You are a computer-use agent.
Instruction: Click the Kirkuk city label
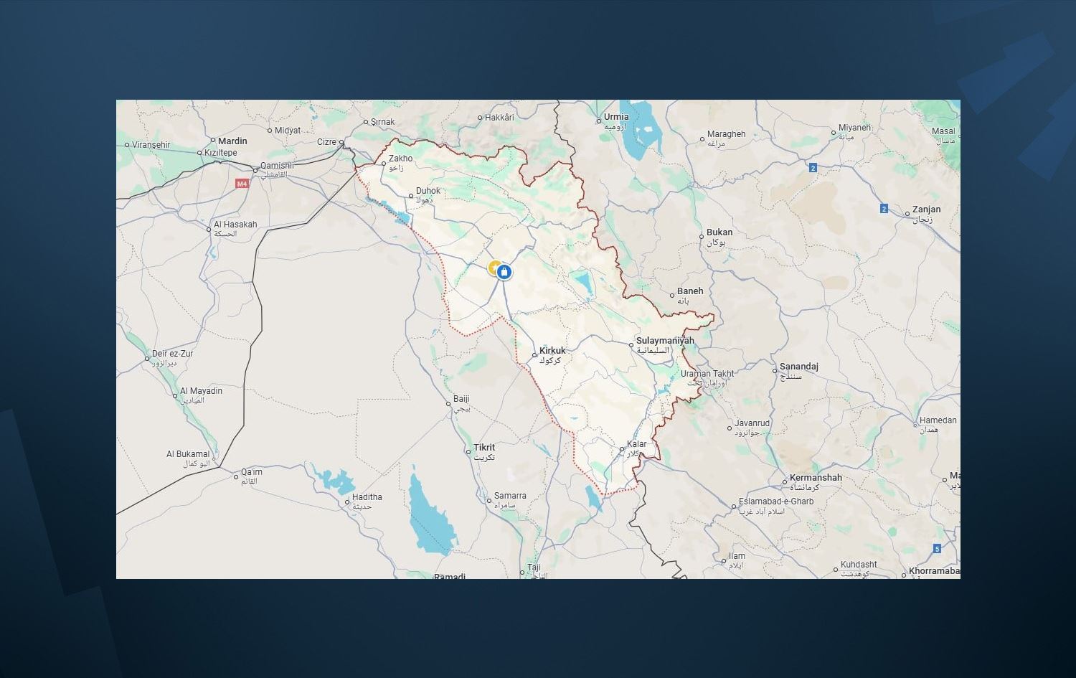(x=552, y=351)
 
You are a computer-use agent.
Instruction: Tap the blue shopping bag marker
(x=504, y=272)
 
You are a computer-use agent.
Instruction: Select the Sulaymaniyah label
(x=665, y=341)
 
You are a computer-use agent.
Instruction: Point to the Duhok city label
(x=428, y=191)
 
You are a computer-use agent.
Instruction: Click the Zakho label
(x=400, y=159)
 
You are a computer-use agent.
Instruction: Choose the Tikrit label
(x=484, y=448)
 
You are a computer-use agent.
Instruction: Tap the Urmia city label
(x=615, y=117)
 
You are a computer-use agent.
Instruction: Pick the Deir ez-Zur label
(x=172, y=354)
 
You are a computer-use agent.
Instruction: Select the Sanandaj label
(x=798, y=367)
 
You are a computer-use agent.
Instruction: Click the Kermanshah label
(x=816, y=478)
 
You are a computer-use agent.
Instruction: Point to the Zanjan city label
(x=926, y=209)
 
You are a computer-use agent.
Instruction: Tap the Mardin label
(x=232, y=141)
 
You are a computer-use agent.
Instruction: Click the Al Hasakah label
(x=235, y=225)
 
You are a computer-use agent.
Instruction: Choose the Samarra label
(x=510, y=496)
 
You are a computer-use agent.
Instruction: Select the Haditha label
(x=367, y=497)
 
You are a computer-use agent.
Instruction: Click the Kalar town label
(x=636, y=444)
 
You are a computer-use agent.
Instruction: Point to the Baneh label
(x=690, y=291)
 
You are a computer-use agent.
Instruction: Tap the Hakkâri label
(x=499, y=118)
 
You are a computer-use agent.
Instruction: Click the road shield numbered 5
(x=937, y=549)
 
